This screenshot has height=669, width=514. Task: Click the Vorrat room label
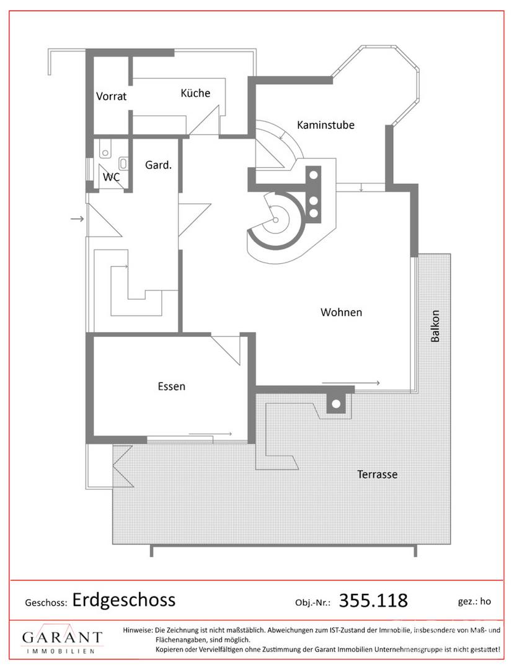(111, 97)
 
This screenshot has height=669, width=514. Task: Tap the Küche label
(195, 92)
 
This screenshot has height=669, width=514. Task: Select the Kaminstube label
(326, 125)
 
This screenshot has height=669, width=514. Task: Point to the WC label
(111, 177)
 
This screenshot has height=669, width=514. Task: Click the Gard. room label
(158, 165)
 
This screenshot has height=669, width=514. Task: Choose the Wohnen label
(341, 312)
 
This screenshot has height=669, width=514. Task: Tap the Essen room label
(172, 387)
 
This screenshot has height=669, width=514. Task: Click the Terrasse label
(378, 474)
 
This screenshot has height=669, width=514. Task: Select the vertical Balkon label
(435, 326)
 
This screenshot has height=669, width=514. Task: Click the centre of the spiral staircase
(275, 220)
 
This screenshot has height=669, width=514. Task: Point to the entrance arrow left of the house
(78, 219)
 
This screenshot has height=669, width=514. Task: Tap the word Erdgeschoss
(124, 600)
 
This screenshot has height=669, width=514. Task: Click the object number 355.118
(373, 600)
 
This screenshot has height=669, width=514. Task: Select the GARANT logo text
(63, 637)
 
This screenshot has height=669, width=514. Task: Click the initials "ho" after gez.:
(485, 601)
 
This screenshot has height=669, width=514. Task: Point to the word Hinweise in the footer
(138, 630)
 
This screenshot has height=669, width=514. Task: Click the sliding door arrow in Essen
(210, 434)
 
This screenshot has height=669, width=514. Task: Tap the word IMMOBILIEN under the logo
(61, 652)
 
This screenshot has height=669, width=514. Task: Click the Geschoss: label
(46, 603)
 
